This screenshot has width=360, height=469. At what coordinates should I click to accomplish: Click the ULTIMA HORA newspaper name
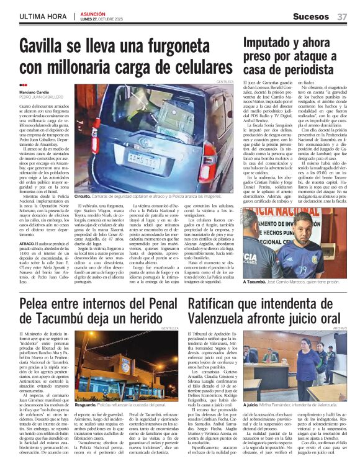[43, 17]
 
